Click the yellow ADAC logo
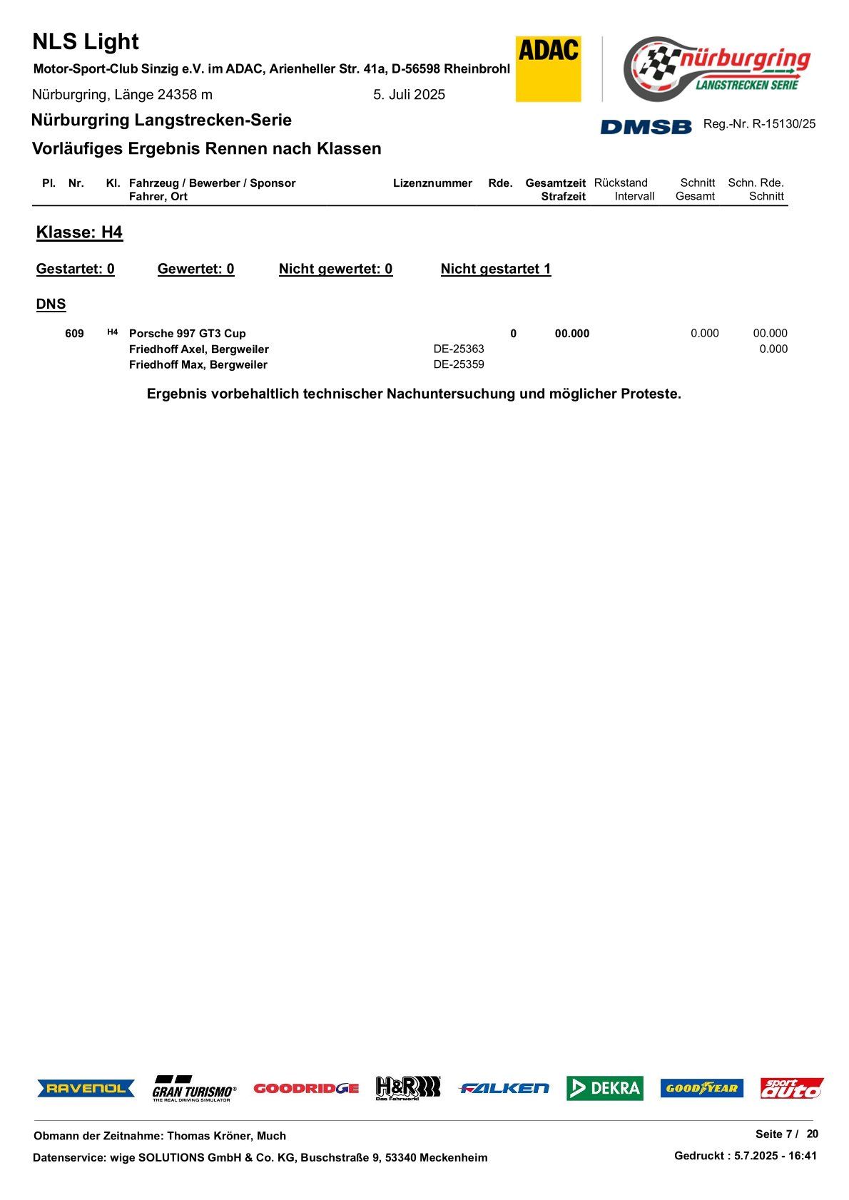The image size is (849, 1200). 548,68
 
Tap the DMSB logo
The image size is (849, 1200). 646,126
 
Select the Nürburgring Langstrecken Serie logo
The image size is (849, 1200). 717,68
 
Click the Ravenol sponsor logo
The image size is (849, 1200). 86,1088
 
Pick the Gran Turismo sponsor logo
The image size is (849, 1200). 193,1089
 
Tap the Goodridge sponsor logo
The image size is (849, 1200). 306,1088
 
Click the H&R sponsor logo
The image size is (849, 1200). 408,1088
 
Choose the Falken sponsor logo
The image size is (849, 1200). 504,1088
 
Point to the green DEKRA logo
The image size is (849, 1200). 604,1088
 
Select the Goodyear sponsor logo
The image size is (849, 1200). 701,1088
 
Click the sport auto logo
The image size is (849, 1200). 791,1088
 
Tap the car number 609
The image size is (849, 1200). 74,334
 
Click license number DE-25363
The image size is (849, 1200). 459,349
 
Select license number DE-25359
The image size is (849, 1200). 459,365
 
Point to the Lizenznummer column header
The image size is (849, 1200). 432,183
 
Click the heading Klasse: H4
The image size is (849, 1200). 79,233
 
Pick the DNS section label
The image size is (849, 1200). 51,304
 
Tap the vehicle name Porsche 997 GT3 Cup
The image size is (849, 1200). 187,334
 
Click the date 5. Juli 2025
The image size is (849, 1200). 409,95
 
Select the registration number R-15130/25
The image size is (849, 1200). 783,124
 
